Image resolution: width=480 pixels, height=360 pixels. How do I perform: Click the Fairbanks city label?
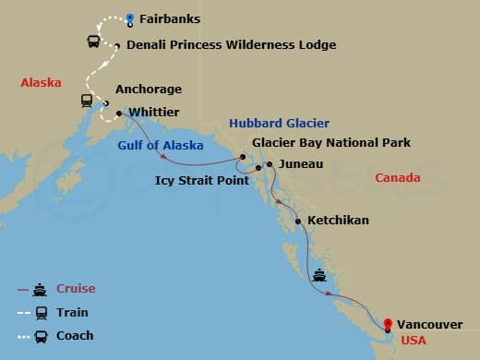[x=173, y=18]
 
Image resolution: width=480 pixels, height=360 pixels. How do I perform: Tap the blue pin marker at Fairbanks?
[x=130, y=18]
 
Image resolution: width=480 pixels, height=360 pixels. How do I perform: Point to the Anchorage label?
[x=149, y=90]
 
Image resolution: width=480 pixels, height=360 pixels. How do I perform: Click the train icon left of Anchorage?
[x=86, y=101]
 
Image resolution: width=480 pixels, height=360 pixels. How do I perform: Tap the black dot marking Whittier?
[x=120, y=114]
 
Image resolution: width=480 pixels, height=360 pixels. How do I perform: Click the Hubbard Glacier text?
[x=279, y=123]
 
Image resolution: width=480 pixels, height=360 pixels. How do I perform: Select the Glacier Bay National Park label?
[x=331, y=142]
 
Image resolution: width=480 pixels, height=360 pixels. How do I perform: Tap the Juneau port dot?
[x=269, y=164]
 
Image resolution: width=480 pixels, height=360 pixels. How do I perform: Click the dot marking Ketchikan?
[x=298, y=222]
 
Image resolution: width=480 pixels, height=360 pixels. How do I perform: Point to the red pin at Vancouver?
[x=388, y=324]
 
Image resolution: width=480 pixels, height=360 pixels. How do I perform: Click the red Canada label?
[x=397, y=177]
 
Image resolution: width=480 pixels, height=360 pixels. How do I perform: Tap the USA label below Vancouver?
[x=413, y=341]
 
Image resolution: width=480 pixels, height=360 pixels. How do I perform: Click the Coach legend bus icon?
[x=41, y=335]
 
